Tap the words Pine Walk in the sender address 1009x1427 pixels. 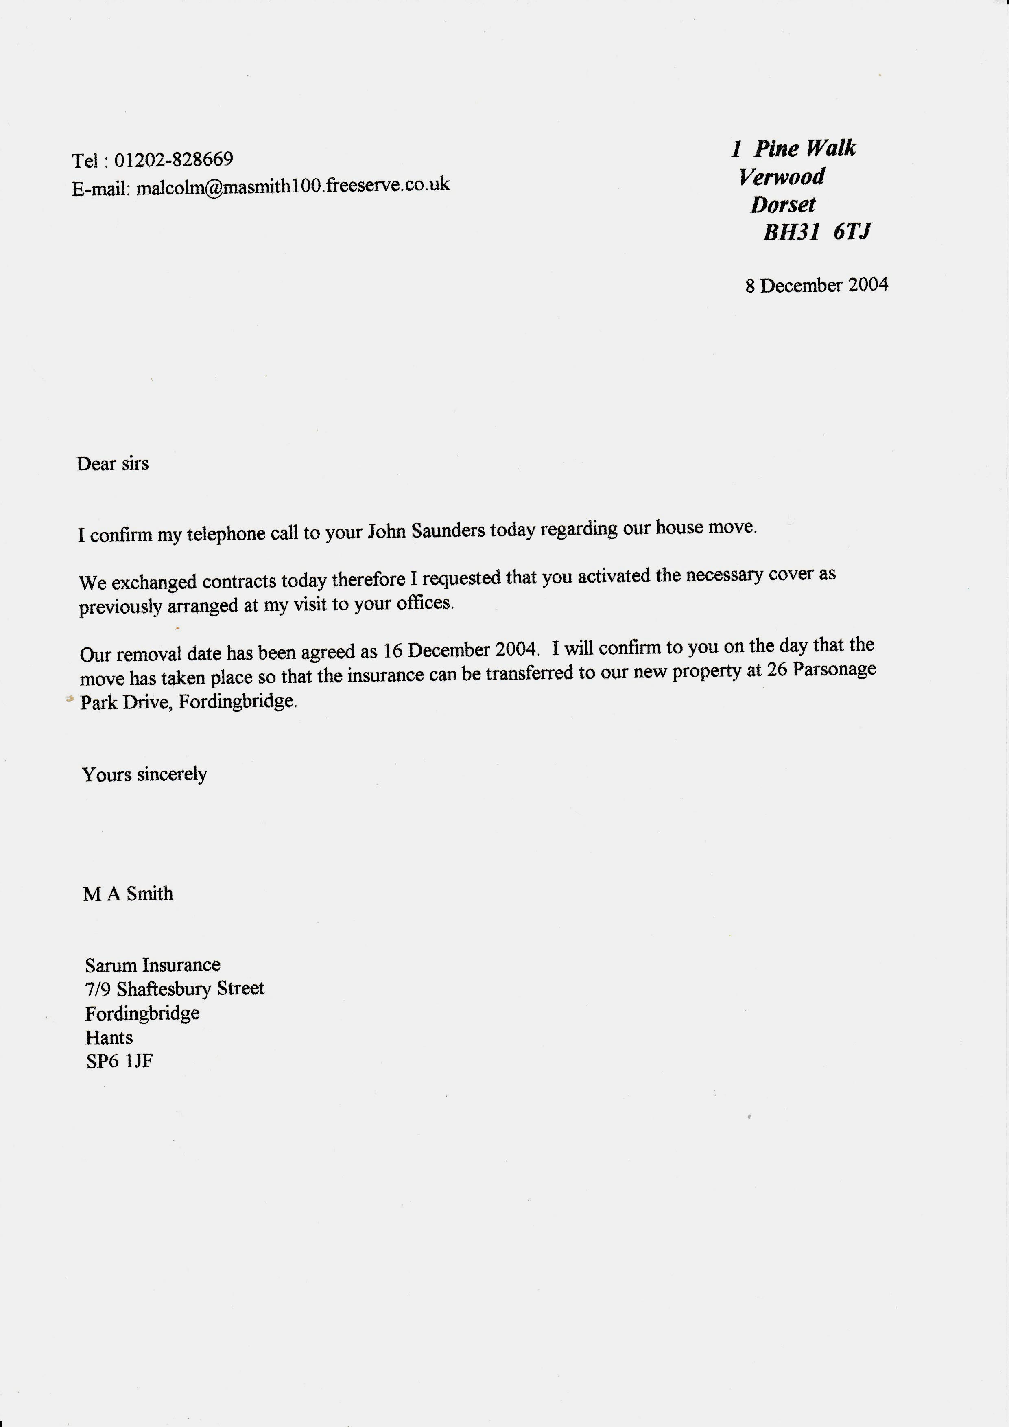[805, 149]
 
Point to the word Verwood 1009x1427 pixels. [782, 177]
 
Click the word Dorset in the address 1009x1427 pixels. [783, 205]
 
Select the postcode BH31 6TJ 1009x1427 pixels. [817, 232]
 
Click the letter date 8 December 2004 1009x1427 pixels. [817, 285]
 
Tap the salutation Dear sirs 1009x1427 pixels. [112, 463]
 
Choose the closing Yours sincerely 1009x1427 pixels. [144, 774]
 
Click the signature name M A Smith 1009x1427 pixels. [128, 894]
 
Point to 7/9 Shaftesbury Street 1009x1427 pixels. [175, 988]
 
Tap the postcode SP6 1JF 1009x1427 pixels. [119, 1061]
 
